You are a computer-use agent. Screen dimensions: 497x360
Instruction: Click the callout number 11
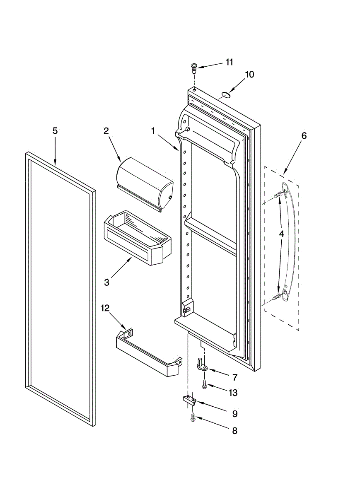tap(229, 62)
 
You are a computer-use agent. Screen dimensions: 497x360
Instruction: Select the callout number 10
tap(249, 75)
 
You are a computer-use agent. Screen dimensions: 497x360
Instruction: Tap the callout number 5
tap(55, 130)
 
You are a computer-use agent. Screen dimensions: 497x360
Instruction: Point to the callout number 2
tap(106, 131)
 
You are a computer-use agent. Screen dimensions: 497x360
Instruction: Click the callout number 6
tap(304, 135)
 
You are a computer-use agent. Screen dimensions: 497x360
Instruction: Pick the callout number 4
tap(281, 234)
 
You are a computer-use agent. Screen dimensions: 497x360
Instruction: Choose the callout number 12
tap(106, 308)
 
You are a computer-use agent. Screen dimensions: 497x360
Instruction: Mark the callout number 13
tap(234, 392)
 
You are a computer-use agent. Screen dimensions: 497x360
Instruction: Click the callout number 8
tap(234, 431)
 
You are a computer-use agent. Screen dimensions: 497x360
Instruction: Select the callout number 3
tap(106, 282)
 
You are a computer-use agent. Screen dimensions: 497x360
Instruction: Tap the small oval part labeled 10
tap(225, 95)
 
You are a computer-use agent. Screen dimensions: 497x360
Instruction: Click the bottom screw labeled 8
tap(193, 418)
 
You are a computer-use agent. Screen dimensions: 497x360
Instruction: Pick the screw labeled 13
tap(204, 385)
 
